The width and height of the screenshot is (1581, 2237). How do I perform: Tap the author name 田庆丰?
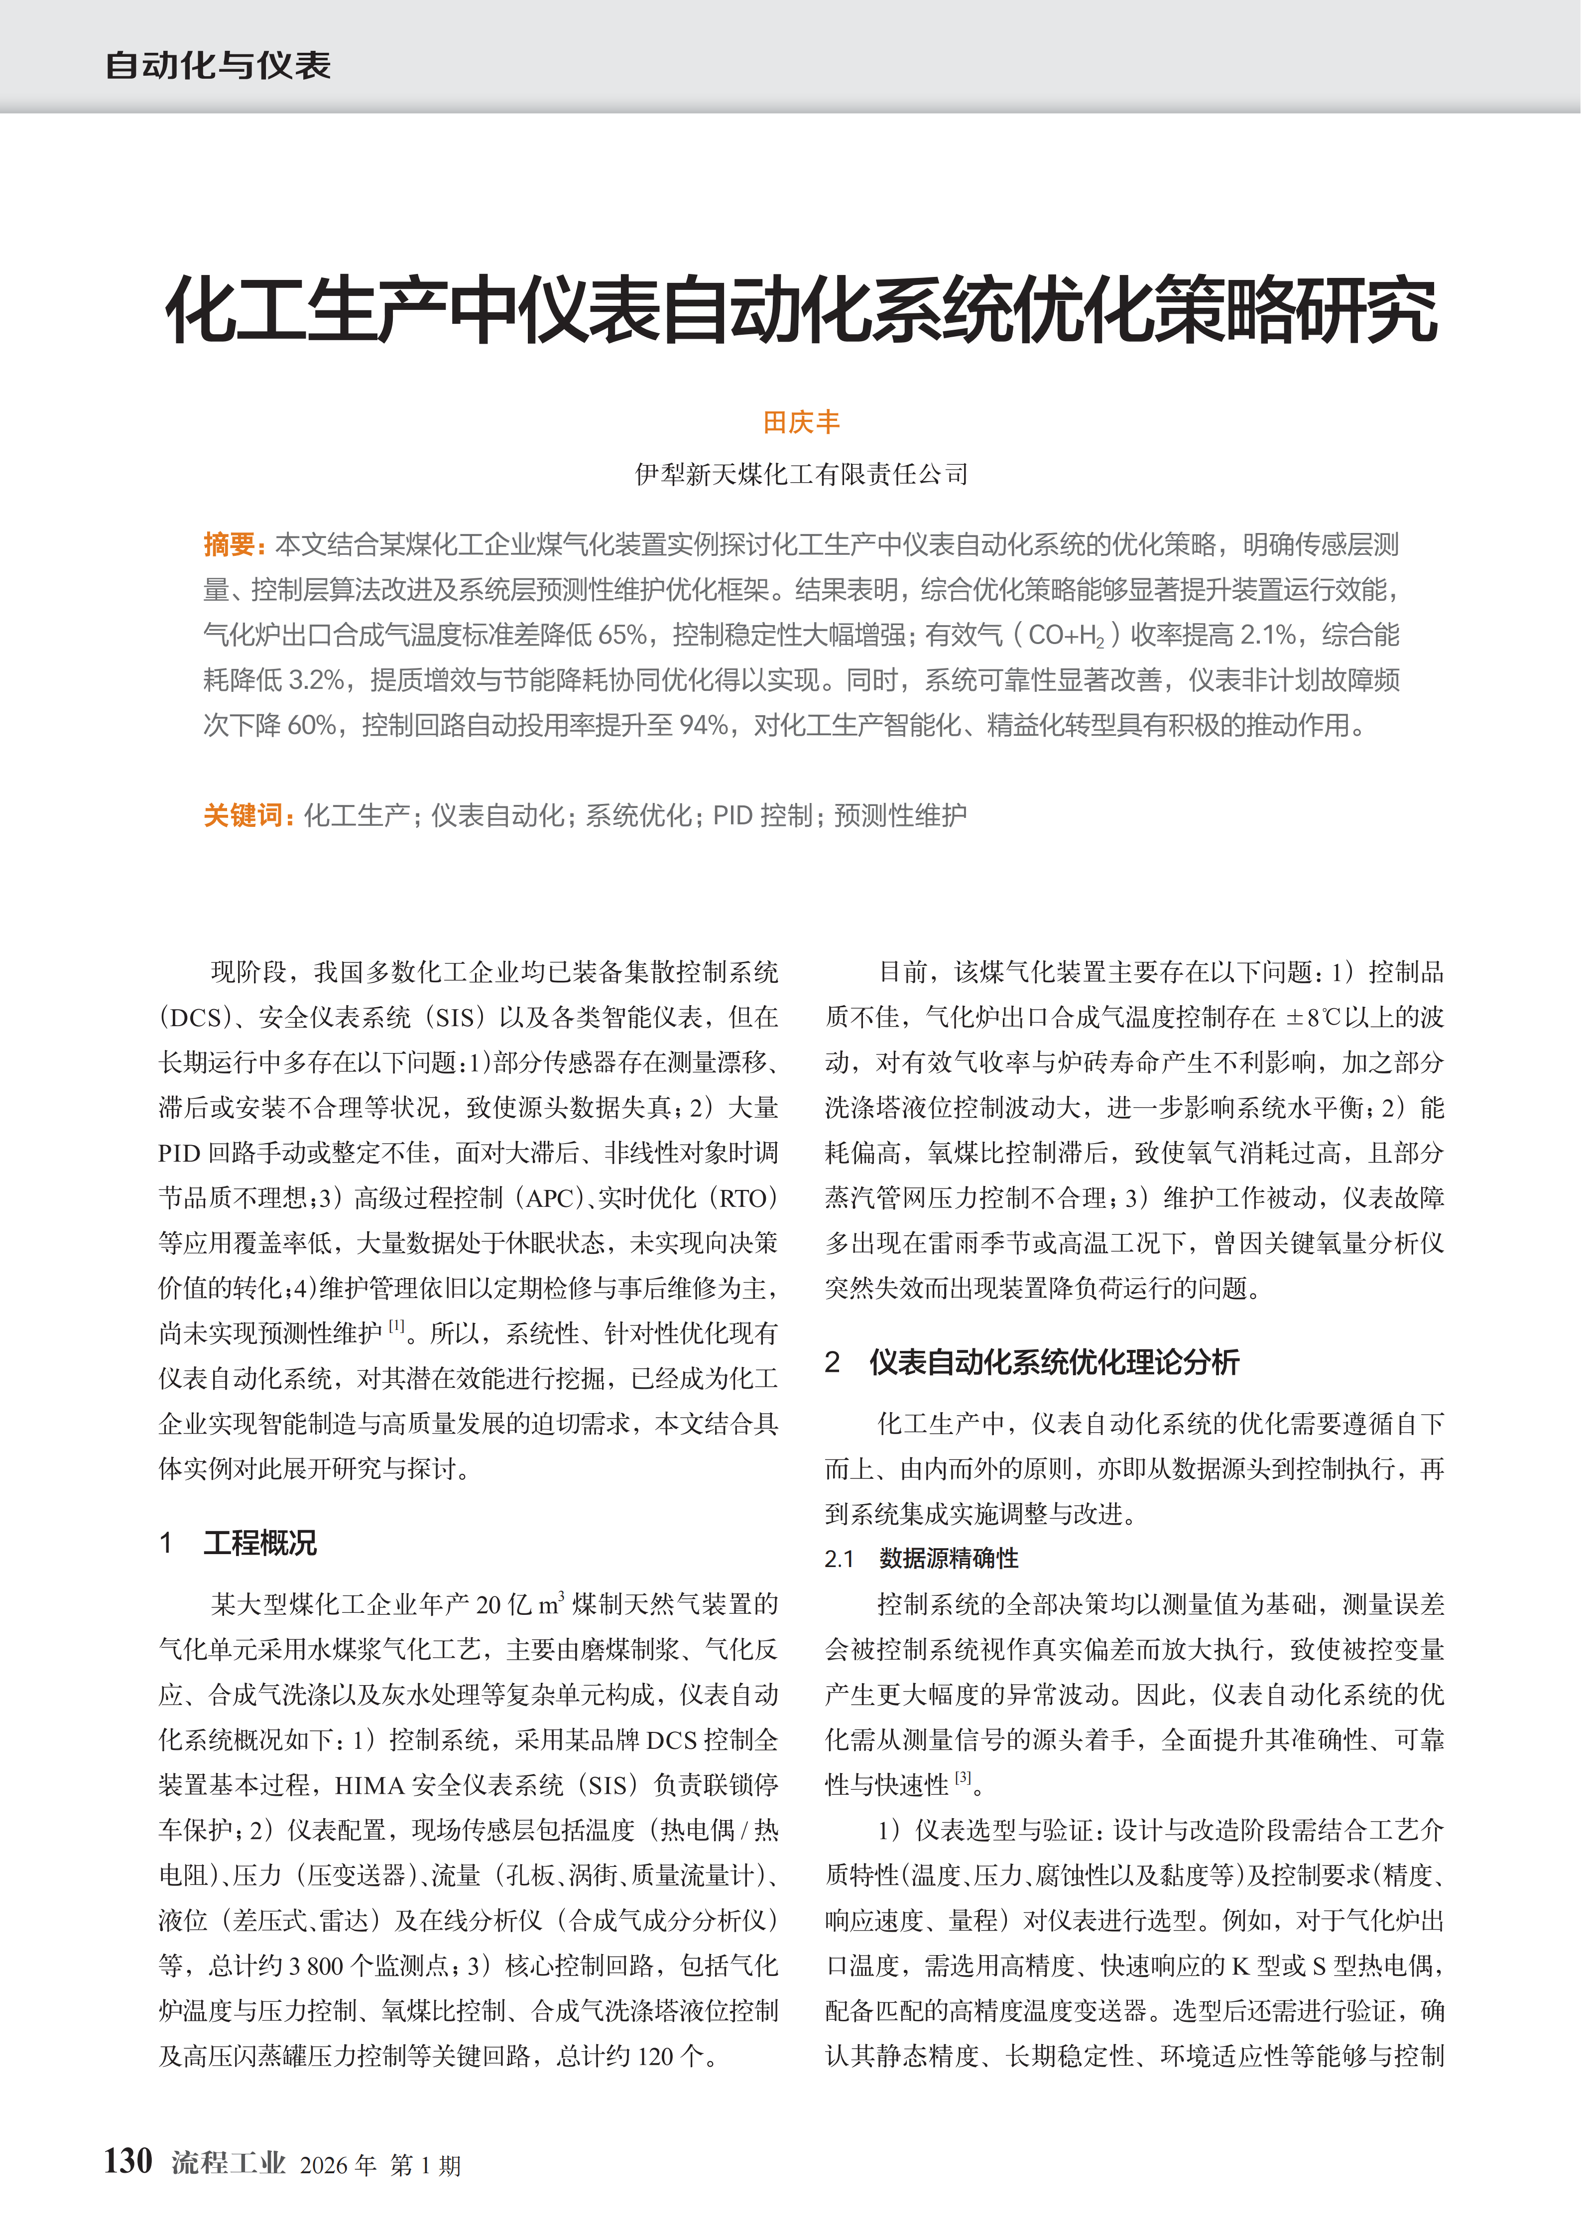pyautogui.click(x=801, y=422)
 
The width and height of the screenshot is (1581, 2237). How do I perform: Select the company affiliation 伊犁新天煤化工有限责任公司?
pyautogui.click(x=801, y=475)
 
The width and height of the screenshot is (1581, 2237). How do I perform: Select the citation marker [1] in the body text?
pyautogui.click(x=396, y=1326)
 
